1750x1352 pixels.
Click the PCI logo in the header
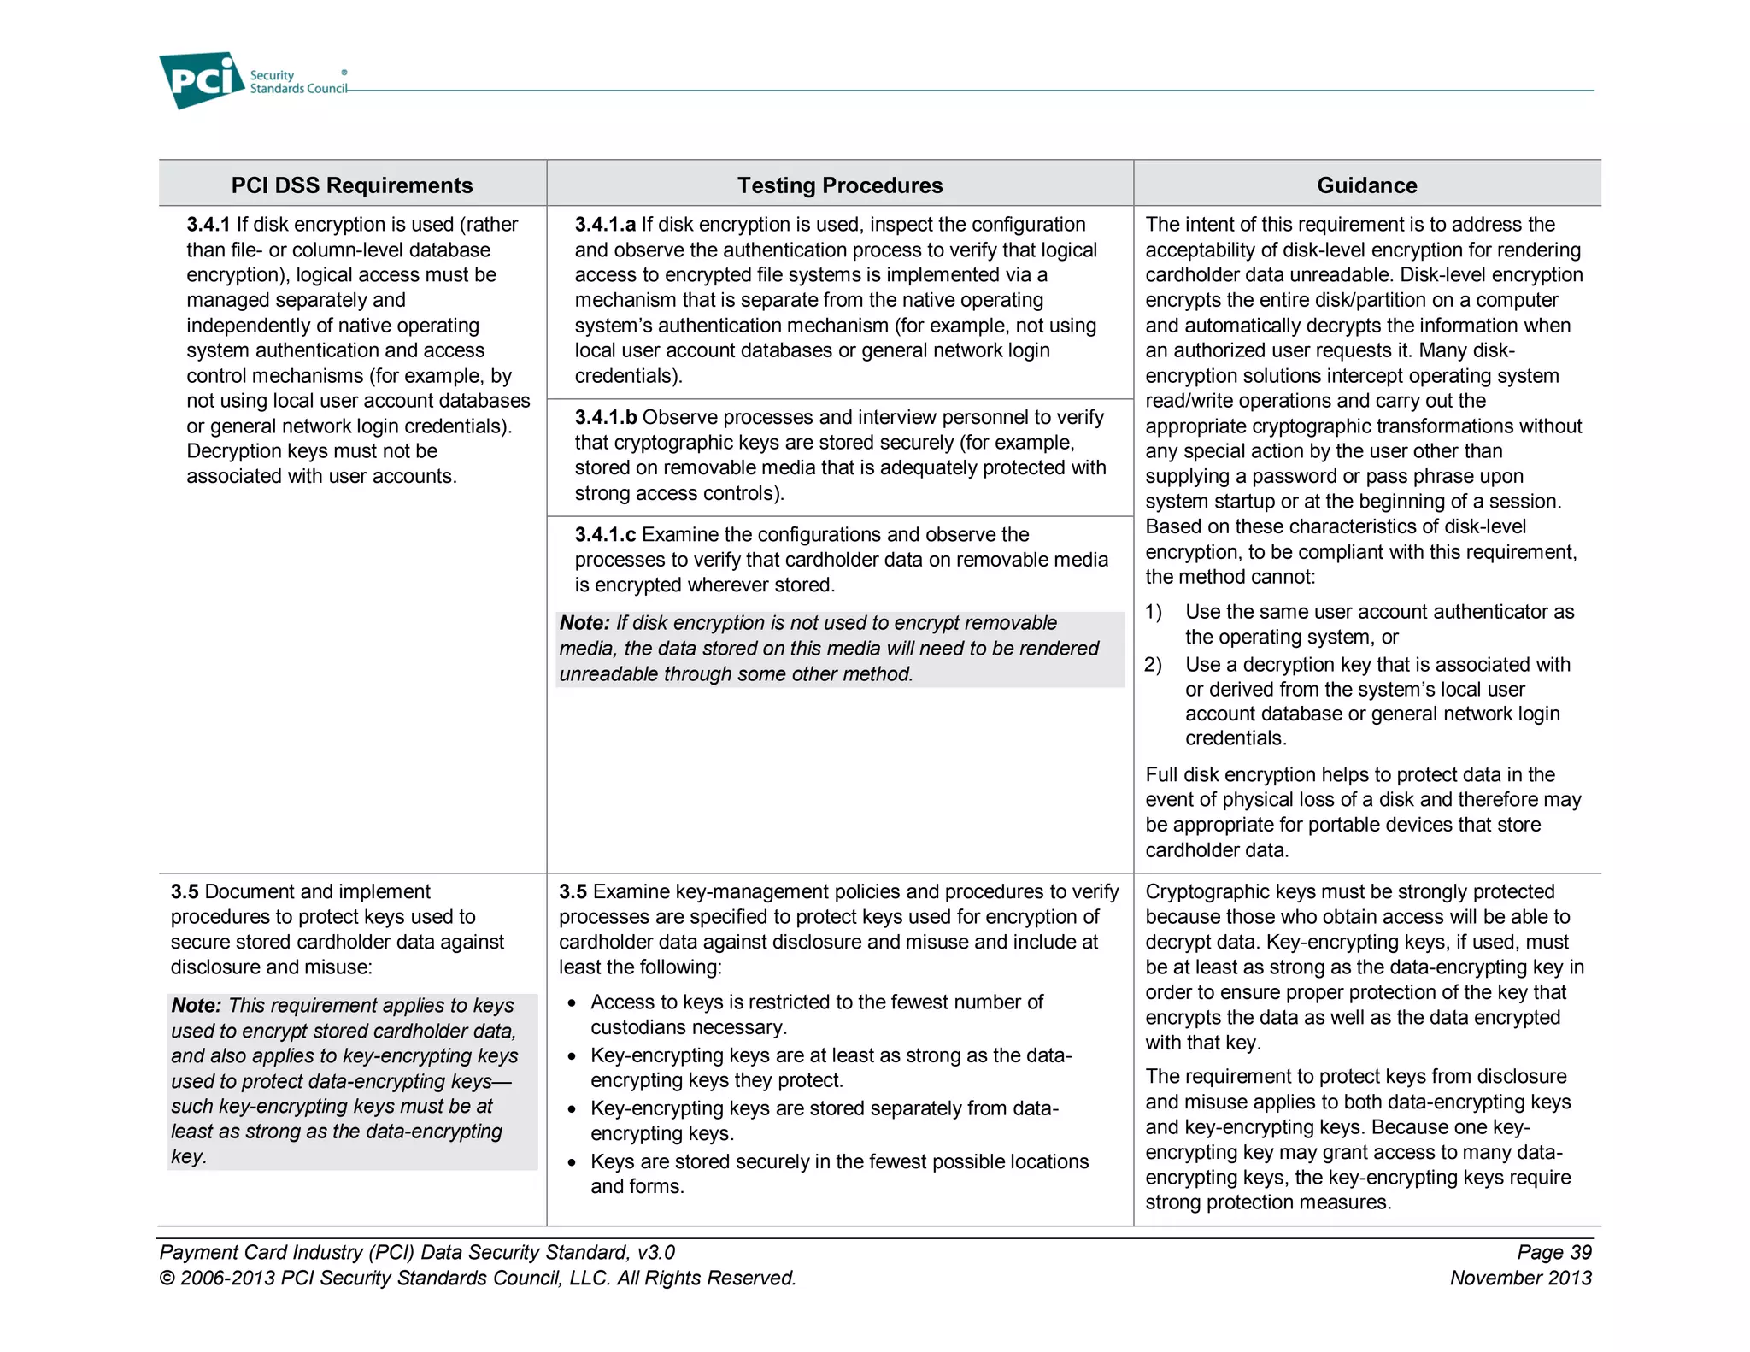pyautogui.click(x=202, y=80)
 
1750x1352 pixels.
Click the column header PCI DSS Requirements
pyautogui.click(x=351, y=185)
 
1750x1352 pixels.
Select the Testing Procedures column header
pyautogui.click(x=839, y=185)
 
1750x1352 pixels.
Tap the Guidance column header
pyautogui.click(x=1366, y=185)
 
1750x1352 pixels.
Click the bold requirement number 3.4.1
pyautogui.click(x=208, y=225)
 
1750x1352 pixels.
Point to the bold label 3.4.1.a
pyautogui.click(x=605, y=225)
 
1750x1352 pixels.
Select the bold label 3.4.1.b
pyautogui.click(x=605, y=417)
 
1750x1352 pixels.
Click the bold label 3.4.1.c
pyautogui.click(x=605, y=535)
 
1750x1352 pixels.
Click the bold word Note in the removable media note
pyautogui.click(x=584, y=623)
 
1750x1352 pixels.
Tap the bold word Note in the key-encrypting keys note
pyautogui.click(x=196, y=1006)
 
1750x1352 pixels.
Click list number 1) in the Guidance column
pyautogui.click(x=1154, y=612)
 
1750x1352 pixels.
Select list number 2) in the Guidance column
pyautogui.click(x=1154, y=665)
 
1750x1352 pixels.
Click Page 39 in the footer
pyautogui.click(x=1553, y=1252)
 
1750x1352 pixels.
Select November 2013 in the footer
pyautogui.click(x=1520, y=1278)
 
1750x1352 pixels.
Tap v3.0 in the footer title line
pyautogui.click(x=655, y=1252)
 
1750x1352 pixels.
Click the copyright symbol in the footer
pyautogui.click(x=167, y=1279)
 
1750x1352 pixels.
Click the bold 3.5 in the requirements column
pyautogui.click(x=185, y=891)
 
